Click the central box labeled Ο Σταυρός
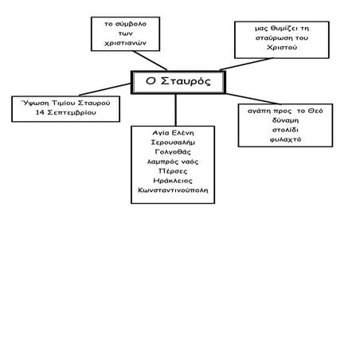[x=178, y=82]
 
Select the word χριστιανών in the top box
[x=125, y=43]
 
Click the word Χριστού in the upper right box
[x=282, y=48]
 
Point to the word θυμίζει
[x=284, y=29]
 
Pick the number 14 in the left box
[x=40, y=112]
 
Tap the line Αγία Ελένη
[x=173, y=133]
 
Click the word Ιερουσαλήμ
[x=173, y=143]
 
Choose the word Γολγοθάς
[x=173, y=152]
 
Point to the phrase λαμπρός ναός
[x=173, y=162]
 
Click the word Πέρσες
[x=173, y=171]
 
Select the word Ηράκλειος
[x=173, y=181]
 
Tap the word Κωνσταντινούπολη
[x=173, y=190]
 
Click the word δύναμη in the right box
[x=285, y=120]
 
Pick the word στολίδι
[x=285, y=130]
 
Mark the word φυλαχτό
[x=285, y=139]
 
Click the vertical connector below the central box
[x=176, y=110]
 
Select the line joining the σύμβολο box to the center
[x=150, y=61]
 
